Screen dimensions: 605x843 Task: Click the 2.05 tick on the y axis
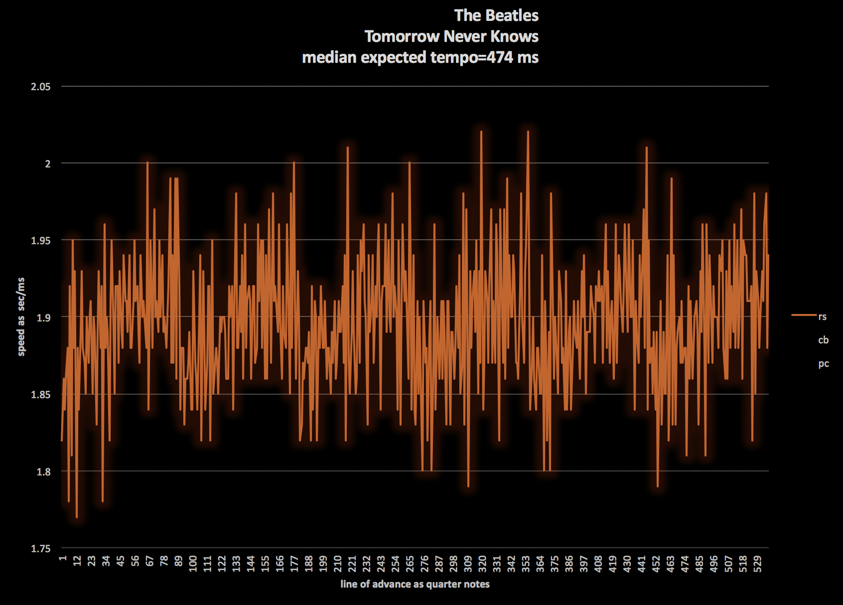[41, 87]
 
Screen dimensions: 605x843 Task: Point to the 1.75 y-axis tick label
[41, 549]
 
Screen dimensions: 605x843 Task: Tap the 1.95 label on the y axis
[41, 241]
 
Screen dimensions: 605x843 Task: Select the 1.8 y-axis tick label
[44, 471]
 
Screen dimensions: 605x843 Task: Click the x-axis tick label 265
[410, 564]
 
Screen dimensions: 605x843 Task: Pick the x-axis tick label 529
[757, 564]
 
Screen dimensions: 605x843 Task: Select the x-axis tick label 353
[526, 564]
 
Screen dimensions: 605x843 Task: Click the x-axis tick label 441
[642, 564]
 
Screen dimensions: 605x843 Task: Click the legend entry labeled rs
[822, 316]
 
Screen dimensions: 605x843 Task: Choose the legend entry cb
[823, 340]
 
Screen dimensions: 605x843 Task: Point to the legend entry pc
[823, 364]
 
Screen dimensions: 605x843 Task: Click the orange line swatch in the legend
[804, 315]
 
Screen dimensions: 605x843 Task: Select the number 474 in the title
[500, 57]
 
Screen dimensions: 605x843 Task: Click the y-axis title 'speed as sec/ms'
[21, 317]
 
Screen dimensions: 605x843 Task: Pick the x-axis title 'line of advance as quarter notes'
[415, 584]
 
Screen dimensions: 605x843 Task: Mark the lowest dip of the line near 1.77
[76, 517]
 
